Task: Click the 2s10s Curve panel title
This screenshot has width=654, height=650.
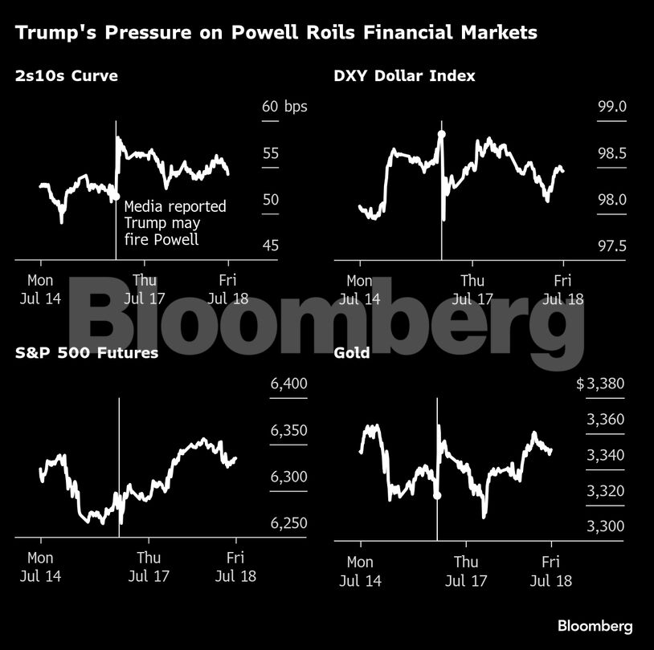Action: tap(66, 76)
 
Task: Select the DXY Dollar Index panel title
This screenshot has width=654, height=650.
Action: tap(404, 76)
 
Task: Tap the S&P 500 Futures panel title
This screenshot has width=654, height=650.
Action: tap(86, 352)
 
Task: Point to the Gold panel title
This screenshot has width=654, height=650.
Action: tap(351, 352)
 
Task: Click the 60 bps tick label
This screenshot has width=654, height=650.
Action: tap(284, 107)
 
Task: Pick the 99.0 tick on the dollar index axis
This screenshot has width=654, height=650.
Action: tap(607, 107)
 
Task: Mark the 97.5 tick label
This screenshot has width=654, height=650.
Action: tap(607, 246)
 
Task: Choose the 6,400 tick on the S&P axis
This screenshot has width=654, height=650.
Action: tap(289, 384)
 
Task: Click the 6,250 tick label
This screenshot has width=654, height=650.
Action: tap(289, 523)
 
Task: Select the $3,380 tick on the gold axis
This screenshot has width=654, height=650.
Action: tap(600, 384)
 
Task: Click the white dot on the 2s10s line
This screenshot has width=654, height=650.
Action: tap(116, 196)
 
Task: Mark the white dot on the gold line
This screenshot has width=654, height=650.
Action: tap(437, 495)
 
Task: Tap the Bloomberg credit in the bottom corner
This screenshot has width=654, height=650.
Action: tap(595, 626)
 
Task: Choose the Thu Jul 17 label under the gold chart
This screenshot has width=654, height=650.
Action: tap(466, 571)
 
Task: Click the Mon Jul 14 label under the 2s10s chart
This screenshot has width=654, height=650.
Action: tap(40, 289)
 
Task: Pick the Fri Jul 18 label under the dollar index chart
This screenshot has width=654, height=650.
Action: tap(562, 289)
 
